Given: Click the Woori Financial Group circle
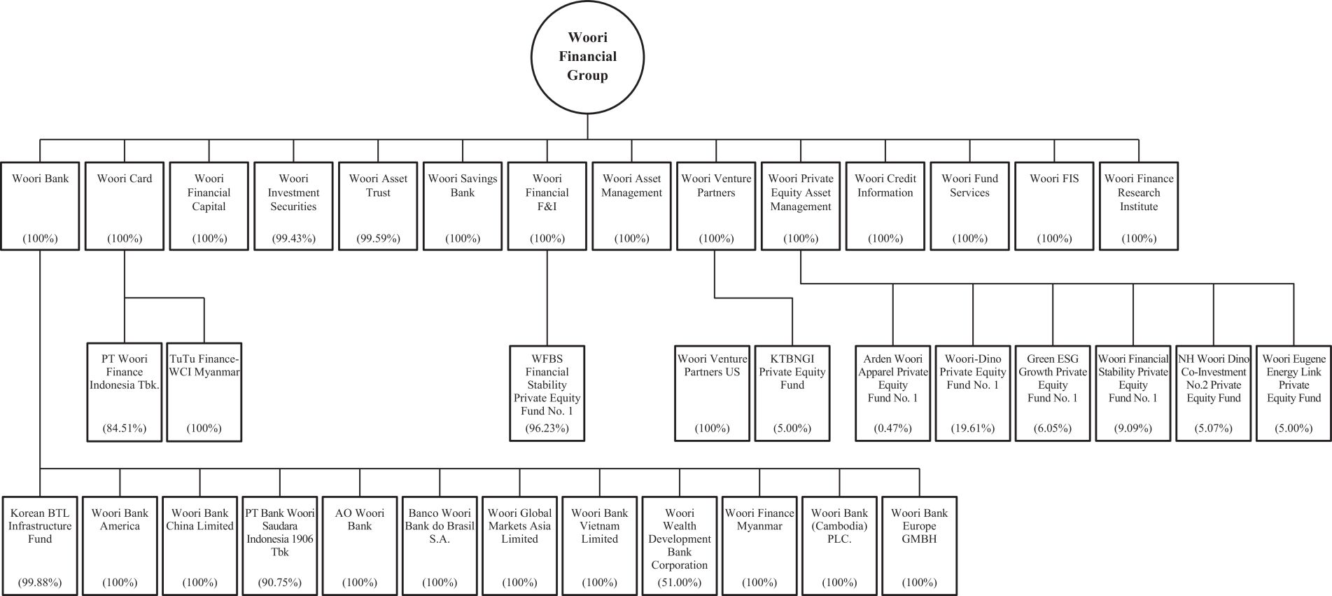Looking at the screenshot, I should (587, 57).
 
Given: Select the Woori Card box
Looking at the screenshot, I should (125, 206).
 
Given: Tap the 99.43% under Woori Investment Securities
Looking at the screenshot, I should (294, 238).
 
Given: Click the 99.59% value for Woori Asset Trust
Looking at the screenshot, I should (378, 238).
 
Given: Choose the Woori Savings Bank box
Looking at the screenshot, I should (463, 206).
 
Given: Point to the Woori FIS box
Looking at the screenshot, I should (1054, 206).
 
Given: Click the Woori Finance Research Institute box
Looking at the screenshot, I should (1139, 206).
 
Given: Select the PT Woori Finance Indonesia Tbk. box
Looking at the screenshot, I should (125, 392).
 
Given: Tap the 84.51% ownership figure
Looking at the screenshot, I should (125, 428).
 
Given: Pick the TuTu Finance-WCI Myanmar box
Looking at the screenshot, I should (204, 392).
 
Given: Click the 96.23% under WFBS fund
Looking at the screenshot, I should (547, 428).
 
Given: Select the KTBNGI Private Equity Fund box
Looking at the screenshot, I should (792, 392).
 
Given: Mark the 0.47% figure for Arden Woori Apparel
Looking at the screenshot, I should (893, 428).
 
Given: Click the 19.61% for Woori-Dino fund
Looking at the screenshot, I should (973, 428).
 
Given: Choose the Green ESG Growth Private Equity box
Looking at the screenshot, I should (1053, 392).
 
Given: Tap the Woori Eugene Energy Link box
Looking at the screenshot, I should (1294, 392).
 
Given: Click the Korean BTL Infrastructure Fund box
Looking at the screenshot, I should (40, 546).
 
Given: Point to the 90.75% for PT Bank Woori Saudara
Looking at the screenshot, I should (280, 582).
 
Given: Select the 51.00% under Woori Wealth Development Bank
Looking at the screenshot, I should (680, 582).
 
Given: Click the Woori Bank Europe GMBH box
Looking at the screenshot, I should (919, 546).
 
